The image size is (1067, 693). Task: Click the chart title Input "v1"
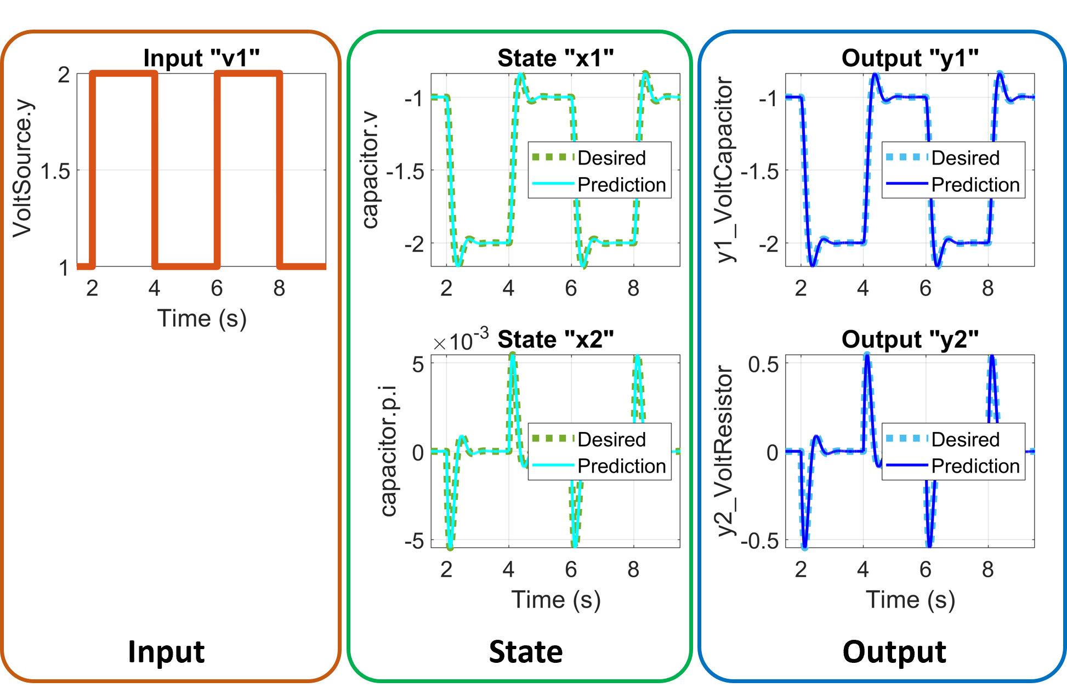(x=201, y=58)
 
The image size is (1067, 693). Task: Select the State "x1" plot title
(x=555, y=58)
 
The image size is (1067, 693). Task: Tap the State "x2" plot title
(x=555, y=339)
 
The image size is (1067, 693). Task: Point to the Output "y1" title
(x=910, y=58)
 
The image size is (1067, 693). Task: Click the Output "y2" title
(x=910, y=339)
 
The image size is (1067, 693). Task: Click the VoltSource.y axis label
(x=23, y=169)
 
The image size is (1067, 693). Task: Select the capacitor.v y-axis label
(x=370, y=170)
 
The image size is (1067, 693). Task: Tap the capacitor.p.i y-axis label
(x=389, y=451)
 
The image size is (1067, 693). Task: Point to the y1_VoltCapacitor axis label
(x=725, y=170)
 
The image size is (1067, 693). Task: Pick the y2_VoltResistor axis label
(x=725, y=451)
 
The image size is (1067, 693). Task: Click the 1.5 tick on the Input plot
(x=55, y=172)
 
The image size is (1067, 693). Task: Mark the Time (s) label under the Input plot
(x=202, y=319)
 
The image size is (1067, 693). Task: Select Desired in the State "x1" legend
(x=611, y=158)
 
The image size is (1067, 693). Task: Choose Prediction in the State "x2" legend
(x=621, y=466)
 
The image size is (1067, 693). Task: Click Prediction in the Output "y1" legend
(x=975, y=185)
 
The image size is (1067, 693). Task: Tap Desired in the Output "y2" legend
(x=965, y=439)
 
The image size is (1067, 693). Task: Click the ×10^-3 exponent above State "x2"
(x=461, y=340)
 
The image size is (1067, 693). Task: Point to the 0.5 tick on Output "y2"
(x=763, y=364)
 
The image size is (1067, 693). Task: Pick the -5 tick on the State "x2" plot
(x=415, y=541)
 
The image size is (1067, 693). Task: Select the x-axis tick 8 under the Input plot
(x=279, y=288)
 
